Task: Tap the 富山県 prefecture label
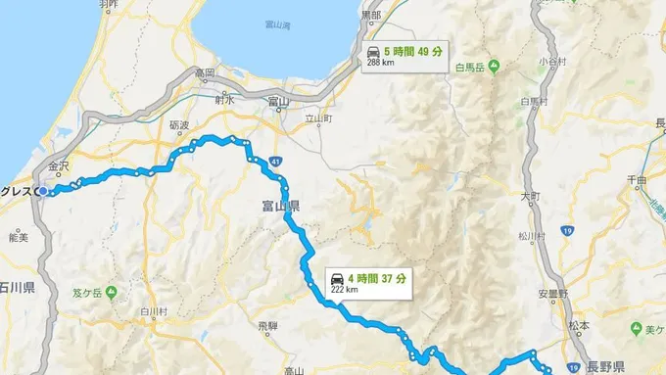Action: click(281, 207)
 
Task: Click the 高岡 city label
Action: click(205, 72)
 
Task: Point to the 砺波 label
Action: click(178, 126)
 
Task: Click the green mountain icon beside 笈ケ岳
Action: click(111, 289)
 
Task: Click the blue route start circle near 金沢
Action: click(44, 191)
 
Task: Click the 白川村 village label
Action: click(155, 311)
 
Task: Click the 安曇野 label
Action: click(552, 292)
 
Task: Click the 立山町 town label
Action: click(319, 118)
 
